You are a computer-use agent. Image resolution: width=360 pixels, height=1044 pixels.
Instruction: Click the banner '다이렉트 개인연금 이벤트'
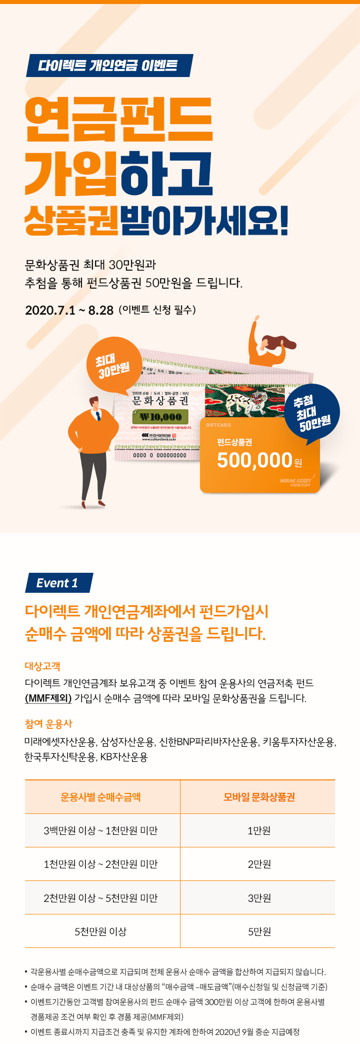pos(108,66)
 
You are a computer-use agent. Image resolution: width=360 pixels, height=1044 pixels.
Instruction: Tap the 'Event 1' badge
pos(58,583)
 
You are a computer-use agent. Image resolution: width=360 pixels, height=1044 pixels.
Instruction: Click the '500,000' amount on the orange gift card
pos(254,460)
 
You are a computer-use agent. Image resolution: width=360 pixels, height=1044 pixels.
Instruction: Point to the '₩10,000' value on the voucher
pos(160,417)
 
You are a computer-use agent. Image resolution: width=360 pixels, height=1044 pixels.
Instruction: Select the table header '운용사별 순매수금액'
pos(101,797)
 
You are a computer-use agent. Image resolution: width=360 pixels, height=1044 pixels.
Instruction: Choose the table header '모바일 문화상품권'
pos(259,797)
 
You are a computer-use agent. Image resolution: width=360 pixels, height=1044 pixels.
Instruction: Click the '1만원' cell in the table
pos(259,830)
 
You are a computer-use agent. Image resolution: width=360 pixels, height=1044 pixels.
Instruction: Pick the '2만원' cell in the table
pos(259,864)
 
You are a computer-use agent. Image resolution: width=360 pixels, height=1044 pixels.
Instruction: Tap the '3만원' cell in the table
pos(259,898)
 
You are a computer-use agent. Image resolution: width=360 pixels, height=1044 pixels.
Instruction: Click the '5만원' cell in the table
pos(259,931)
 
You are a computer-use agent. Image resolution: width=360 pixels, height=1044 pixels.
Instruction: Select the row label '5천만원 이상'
pos(101,931)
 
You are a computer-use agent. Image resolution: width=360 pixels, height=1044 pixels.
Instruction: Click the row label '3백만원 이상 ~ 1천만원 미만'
pos(101,830)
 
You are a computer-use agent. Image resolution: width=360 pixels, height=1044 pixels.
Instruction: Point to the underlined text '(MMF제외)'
pos(48,698)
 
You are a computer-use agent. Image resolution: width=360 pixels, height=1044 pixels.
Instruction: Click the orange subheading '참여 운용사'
pos(48,723)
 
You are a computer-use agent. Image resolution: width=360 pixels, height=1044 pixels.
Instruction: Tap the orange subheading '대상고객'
pos(42,666)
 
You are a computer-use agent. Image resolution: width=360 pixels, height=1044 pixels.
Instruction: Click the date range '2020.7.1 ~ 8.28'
pos(69,310)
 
